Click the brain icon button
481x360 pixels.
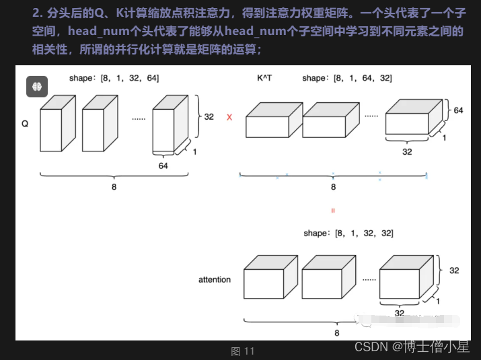click(37, 87)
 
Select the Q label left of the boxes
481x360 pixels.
click(25, 124)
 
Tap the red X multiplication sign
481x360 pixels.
click(229, 117)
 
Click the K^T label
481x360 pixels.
click(264, 78)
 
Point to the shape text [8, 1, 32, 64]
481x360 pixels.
click(114, 78)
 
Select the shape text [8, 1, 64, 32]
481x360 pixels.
click(347, 78)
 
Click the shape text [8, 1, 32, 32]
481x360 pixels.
click(348, 233)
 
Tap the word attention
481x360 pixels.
click(215, 280)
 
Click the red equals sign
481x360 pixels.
click(333, 211)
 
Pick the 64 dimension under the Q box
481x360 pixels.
click(163, 166)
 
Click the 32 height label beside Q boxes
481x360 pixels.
click(209, 116)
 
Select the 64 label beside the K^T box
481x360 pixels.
click(458, 110)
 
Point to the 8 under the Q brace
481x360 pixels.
click(114, 187)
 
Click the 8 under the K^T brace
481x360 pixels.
click(334, 187)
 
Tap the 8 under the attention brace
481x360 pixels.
click(337, 333)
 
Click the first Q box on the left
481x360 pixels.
click(58, 123)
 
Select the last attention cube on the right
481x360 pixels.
click(406, 277)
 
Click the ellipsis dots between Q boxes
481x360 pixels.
click(139, 119)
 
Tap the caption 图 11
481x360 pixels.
click(243, 351)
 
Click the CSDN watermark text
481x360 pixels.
click(412, 347)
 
